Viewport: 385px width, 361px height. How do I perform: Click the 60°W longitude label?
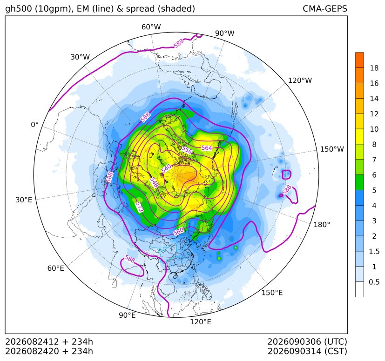pyautogui.click(x=151, y=27)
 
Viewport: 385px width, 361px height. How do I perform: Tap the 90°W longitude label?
pyautogui.click(x=225, y=33)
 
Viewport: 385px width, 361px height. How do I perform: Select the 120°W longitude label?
pyautogui.click(x=300, y=80)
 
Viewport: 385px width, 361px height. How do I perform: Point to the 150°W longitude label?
pyautogui.click(x=332, y=149)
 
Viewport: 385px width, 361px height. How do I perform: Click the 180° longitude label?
pyautogui.click(x=322, y=225)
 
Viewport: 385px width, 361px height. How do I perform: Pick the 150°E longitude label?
pyautogui.click(x=272, y=293)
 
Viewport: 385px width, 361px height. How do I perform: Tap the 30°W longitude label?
pyautogui.click(x=80, y=57)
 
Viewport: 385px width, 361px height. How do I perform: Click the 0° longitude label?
pyautogui.click(x=34, y=125)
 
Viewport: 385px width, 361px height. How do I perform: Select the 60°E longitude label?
pyautogui.click(x=56, y=268)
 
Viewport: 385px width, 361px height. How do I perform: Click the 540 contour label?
pyautogui.click(x=166, y=168)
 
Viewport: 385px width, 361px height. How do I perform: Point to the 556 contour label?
pyautogui.click(x=187, y=150)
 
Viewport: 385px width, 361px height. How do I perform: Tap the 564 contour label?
pyautogui.click(x=207, y=148)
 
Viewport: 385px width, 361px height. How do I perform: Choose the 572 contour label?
pyautogui.click(x=140, y=207)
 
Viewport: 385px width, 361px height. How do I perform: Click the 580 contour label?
pyautogui.click(x=178, y=231)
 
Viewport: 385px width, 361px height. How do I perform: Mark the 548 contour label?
pyautogui.click(x=154, y=182)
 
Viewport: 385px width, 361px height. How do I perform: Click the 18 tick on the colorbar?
pyautogui.click(x=374, y=68)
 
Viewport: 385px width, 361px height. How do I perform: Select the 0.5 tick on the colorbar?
pyautogui.click(x=374, y=282)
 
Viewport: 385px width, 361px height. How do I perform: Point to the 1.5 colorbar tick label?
pyautogui.click(x=374, y=251)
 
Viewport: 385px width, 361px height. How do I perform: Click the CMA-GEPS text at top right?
pyautogui.click(x=325, y=8)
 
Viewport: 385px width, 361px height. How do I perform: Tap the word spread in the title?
pyautogui.click(x=140, y=9)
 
